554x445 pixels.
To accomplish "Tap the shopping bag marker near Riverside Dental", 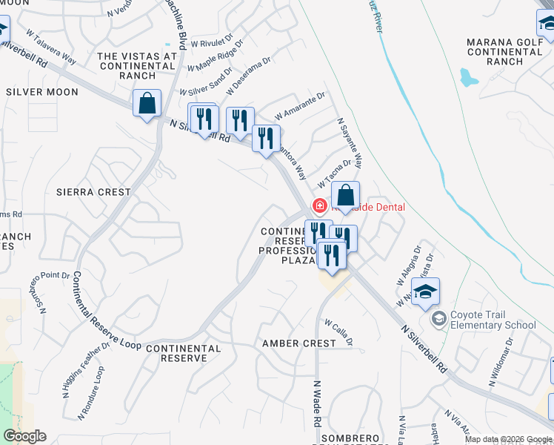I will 345,197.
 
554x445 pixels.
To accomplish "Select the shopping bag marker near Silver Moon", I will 147,104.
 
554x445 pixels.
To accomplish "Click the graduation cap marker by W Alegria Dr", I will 425,292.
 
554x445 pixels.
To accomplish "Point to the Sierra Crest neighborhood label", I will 93,191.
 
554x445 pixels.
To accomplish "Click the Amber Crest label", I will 299,343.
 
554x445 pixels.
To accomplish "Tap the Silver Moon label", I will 41,92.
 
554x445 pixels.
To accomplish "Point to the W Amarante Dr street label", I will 300,106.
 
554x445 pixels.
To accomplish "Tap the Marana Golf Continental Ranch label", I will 505,52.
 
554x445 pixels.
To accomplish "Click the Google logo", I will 24,436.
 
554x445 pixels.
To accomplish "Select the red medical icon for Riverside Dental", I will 320,205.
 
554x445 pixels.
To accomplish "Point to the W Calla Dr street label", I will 338,332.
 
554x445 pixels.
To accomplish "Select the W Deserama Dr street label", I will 250,81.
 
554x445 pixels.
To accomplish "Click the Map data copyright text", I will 507,439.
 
